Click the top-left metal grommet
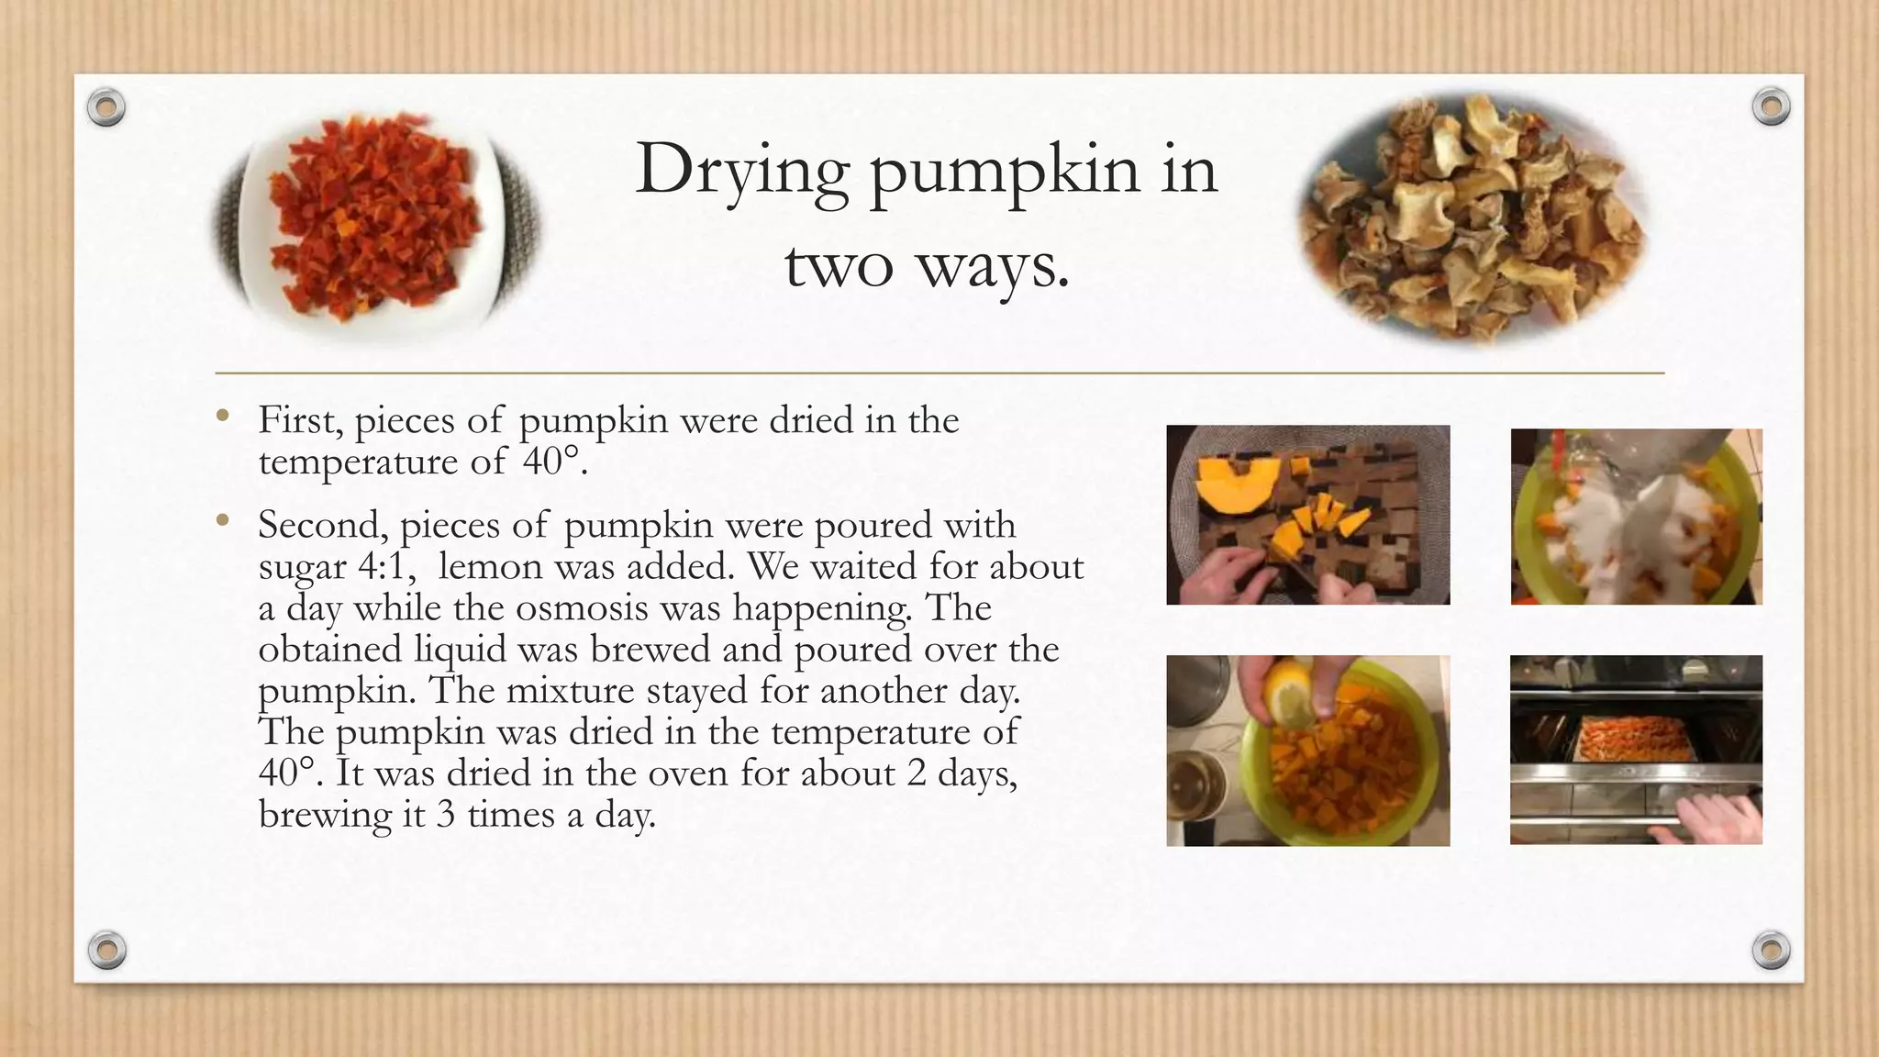pyautogui.click(x=106, y=108)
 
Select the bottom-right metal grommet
pyautogui.click(x=1771, y=950)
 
